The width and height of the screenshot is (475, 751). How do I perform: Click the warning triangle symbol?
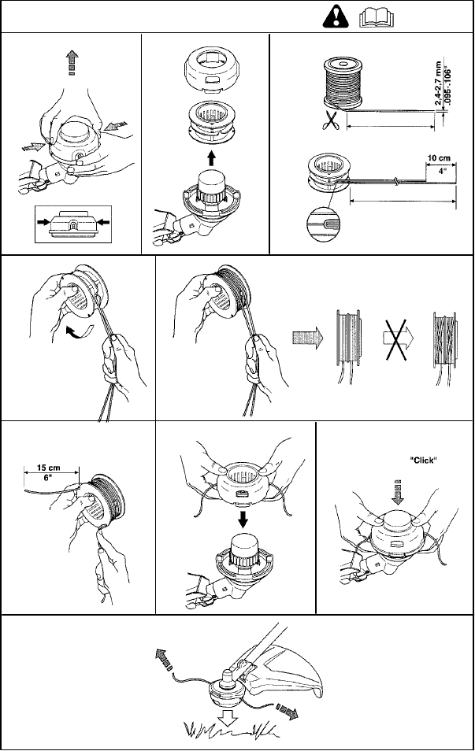[336, 18]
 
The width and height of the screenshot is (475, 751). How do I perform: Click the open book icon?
[377, 18]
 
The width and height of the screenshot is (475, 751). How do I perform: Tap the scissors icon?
[330, 120]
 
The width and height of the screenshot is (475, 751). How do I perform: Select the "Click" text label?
[424, 461]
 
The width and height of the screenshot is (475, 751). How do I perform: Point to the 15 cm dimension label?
[48, 468]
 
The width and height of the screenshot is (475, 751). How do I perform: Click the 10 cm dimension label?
[439, 157]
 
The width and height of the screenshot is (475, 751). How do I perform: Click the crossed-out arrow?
[398, 339]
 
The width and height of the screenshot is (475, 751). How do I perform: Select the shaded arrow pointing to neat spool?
[307, 339]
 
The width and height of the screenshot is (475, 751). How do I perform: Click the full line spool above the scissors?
[343, 83]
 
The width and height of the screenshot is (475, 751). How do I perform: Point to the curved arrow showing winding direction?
[76, 330]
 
